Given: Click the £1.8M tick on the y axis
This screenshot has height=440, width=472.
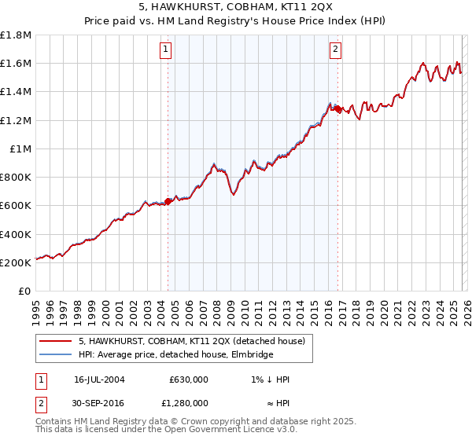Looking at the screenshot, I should (x=16, y=35).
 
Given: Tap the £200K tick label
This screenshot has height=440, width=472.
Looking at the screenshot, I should (x=16, y=262).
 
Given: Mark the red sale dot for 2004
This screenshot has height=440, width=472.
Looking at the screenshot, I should (x=168, y=201).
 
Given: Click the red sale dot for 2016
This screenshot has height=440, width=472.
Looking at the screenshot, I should (x=338, y=110).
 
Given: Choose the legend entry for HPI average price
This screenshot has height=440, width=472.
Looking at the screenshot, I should (x=175, y=355).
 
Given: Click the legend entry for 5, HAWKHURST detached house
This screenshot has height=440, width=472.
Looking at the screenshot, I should (x=196, y=341).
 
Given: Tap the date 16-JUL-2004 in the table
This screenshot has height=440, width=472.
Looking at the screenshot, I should (x=99, y=379).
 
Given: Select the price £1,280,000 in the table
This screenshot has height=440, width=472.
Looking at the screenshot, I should (x=188, y=402).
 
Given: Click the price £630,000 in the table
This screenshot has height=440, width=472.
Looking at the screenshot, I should (x=188, y=379).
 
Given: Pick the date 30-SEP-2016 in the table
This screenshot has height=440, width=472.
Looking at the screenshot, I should (x=99, y=402).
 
